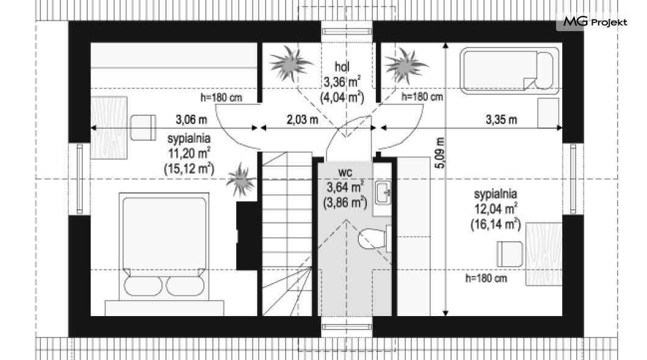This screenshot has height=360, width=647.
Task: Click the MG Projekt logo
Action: click(x=595, y=21)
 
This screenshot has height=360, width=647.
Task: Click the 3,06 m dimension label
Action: click(x=192, y=120)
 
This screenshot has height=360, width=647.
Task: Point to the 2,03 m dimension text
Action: click(x=303, y=120)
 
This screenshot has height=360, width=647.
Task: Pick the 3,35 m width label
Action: click(x=501, y=120)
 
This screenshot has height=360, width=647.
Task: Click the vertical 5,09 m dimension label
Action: click(x=440, y=153)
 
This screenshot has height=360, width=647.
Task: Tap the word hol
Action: click(x=342, y=67)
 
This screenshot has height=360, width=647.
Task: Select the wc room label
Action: click(x=345, y=172)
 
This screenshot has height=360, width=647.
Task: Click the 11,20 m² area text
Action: click(x=189, y=153)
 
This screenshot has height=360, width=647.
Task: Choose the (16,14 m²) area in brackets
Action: click(x=496, y=225)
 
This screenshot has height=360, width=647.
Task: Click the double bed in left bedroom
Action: click(x=164, y=247)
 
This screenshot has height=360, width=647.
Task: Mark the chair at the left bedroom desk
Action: click(x=143, y=128)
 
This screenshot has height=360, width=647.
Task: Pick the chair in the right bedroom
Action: click(x=510, y=254)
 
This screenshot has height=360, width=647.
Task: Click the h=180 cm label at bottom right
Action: click(x=486, y=278)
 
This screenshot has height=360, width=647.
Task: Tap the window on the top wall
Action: click(x=347, y=31)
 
